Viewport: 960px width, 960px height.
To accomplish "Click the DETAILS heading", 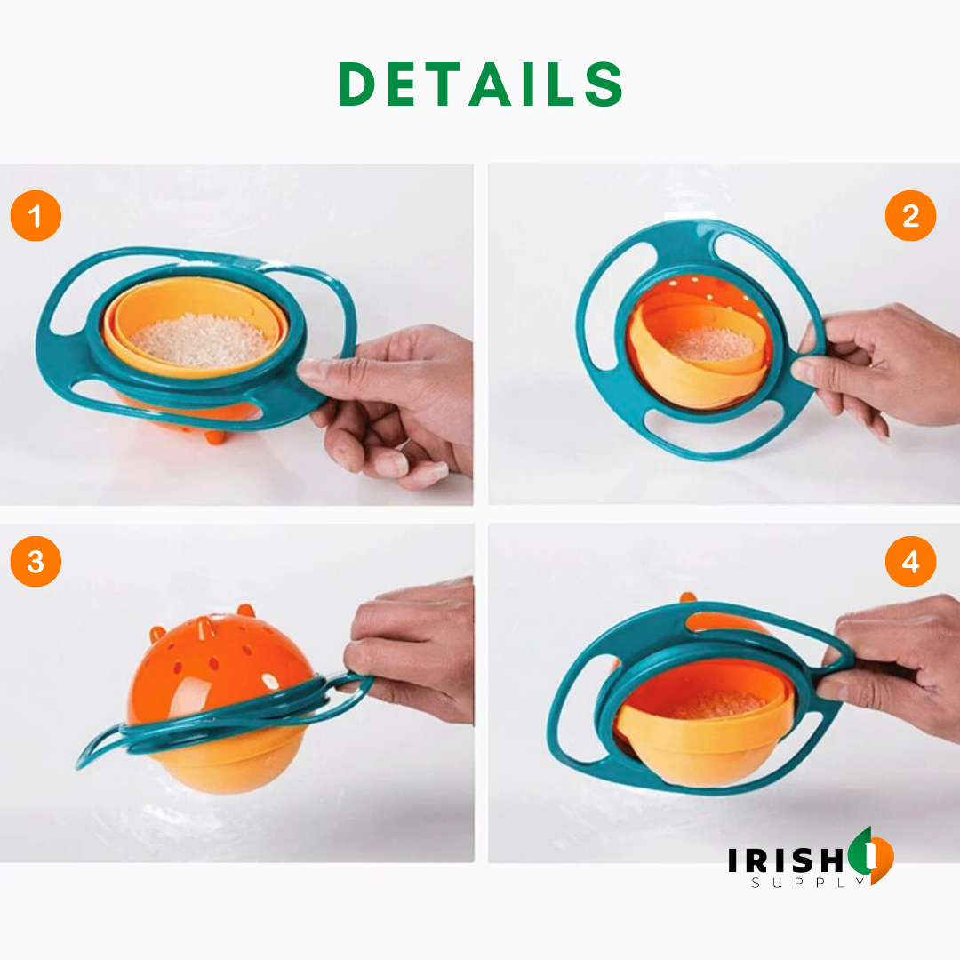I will click(481, 86).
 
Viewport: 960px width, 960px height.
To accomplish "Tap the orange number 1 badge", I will click(36, 216).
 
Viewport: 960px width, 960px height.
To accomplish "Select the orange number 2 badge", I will click(910, 216).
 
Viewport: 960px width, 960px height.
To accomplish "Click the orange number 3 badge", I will click(36, 562).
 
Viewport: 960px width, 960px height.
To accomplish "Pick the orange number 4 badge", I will click(910, 562).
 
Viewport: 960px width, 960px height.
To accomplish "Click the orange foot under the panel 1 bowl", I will click(214, 436).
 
